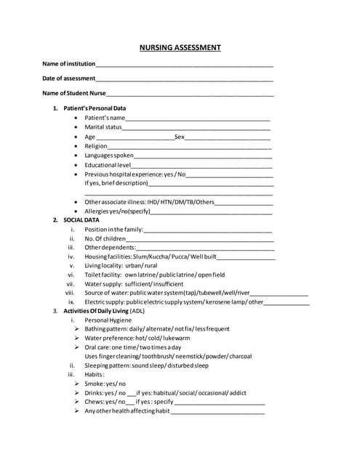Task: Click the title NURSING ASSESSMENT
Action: coord(180,48)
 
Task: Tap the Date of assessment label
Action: coord(68,78)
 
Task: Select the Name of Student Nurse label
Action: coord(74,94)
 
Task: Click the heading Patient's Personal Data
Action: coord(95,108)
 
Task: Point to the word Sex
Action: coord(180,137)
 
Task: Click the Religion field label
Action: coord(96,146)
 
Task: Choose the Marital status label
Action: coord(103,127)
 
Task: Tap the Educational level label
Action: coord(107,165)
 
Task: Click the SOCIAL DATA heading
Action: coord(81,219)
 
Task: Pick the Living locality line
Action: coord(121,266)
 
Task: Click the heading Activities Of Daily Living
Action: coord(103,311)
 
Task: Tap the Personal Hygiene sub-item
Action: coord(108,320)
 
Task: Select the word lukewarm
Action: coord(177,338)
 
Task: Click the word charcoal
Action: coord(238,356)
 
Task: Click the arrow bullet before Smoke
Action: coord(76,384)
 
